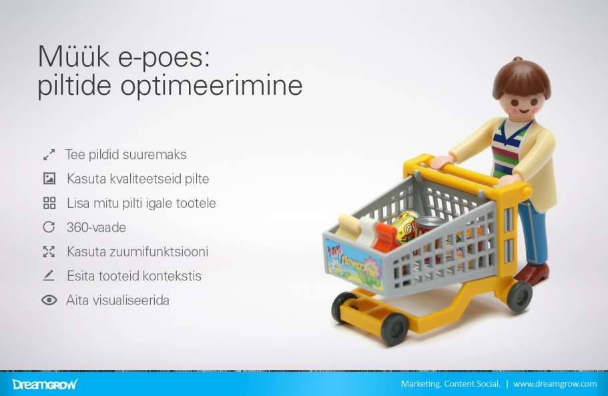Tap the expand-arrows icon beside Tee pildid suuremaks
pyautogui.click(x=49, y=155)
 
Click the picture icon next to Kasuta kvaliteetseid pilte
pyautogui.click(x=49, y=179)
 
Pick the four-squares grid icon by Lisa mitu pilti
pyautogui.click(x=49, y=203)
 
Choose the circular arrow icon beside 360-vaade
pyautogui.click(x=49, y=227)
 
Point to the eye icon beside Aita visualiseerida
pyautogui.click(x=49, y=301)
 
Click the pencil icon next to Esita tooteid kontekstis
pyautogui.click(x=49, y=276)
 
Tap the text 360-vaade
pyautogui.click(x=96, y=227)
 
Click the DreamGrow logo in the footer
pyautogui.click(x=45, y=384)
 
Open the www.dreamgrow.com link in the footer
pyautogui.click(x=555, y=384)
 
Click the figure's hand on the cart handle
pyautogui.click(x=442, y=162)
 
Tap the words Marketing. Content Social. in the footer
pyautogui.click(x=450, y=384)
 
